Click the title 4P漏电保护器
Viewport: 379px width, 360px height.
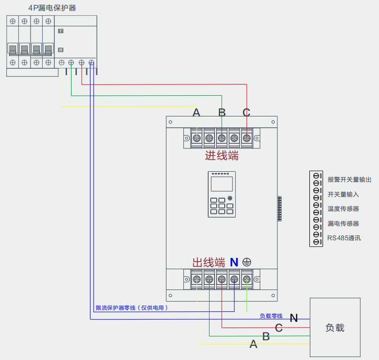[52, 8]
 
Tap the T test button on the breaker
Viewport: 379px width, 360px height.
[61, 31]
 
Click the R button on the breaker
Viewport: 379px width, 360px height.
[61, 50]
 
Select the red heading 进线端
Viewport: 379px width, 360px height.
[222, 156]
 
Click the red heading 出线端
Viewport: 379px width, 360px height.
[209, 262]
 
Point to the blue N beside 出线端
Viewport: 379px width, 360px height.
[234, 262]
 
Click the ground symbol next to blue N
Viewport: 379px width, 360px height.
[247, 262]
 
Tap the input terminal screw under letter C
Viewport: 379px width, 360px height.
[247, 138]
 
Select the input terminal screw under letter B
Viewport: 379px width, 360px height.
[222, 138]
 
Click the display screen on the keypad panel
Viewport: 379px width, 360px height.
[222, 184]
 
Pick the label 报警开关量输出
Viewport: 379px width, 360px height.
[349, 180]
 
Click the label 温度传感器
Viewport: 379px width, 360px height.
[343, 209]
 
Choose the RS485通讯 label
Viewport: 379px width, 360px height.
[344, 238]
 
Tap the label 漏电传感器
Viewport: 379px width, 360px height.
[343, 223]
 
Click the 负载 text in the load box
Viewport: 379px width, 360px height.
[335, 328]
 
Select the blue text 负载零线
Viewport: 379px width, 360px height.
[271, 316]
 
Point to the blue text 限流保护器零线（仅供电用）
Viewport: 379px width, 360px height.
[132, 308]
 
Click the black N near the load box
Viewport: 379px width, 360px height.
[294, 318]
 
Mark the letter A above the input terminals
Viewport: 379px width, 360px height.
[196, 113]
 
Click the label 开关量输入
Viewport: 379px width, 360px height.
[343, 195]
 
